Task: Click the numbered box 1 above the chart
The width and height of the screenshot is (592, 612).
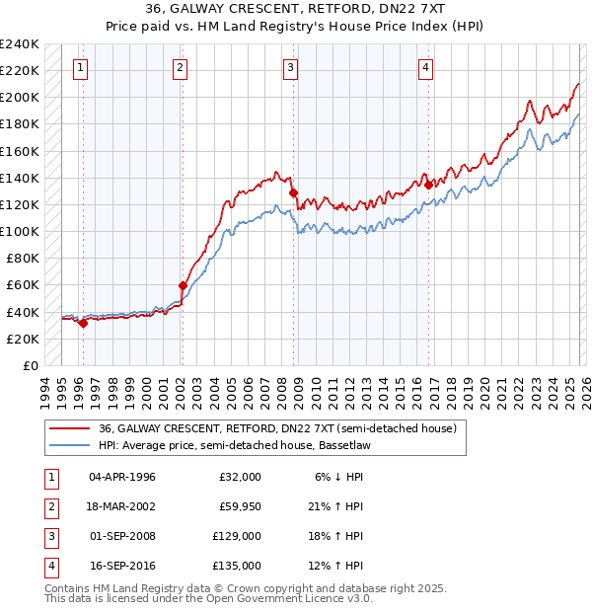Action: [80, 68]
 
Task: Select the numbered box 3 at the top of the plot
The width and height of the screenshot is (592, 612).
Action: [291, 68]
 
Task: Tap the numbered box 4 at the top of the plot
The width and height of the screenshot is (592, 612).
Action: [425, 68]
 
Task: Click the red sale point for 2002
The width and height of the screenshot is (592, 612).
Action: [183, 285]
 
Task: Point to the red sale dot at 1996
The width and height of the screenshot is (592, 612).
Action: [83, 323]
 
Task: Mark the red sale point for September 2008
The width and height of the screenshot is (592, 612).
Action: [293, 192]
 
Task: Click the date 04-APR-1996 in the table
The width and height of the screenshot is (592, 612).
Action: [122, 477]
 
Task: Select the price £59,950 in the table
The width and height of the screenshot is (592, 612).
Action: [240, 506]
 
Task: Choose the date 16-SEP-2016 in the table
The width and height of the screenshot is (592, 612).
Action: [122, 566]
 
